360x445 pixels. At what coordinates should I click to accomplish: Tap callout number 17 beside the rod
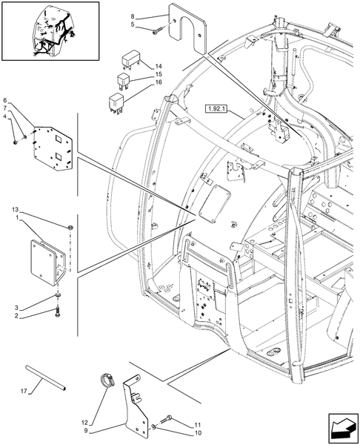(24, 391)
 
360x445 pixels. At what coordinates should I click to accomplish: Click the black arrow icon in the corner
(343, 428)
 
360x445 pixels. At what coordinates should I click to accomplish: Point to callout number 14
(159, 66)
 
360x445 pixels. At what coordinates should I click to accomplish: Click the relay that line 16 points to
(116, 103)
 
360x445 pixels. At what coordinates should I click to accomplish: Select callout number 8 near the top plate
(133, 16)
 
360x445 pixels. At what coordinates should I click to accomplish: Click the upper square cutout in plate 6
(59, 139)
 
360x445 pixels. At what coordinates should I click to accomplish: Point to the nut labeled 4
(16, 142)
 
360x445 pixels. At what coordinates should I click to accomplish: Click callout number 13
(15, 210)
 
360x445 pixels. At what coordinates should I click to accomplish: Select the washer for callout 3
(58, 296)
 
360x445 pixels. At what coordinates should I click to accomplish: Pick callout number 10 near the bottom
(198, 433)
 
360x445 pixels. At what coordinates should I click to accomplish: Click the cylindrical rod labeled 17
(46, 378)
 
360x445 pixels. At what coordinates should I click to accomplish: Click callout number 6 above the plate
(5, 100)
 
